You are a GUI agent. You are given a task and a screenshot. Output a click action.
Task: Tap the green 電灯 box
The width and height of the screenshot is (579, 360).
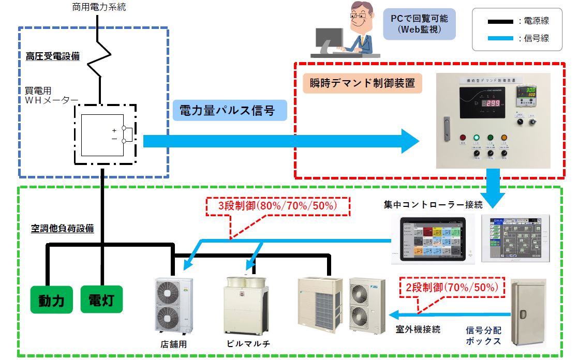101,299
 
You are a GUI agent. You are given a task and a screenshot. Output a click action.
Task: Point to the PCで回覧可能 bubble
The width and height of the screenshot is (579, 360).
419,24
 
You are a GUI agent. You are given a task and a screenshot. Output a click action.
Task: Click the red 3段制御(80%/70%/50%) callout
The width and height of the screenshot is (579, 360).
278,206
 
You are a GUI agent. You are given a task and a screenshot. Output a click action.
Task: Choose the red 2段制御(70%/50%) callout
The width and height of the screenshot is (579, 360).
451,287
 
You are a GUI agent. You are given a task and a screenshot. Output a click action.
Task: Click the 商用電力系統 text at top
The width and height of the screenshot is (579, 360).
98,7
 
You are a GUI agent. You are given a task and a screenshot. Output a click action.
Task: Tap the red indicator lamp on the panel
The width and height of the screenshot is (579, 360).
463,138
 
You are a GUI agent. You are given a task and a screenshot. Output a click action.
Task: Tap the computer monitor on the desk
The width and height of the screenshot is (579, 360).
330,38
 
